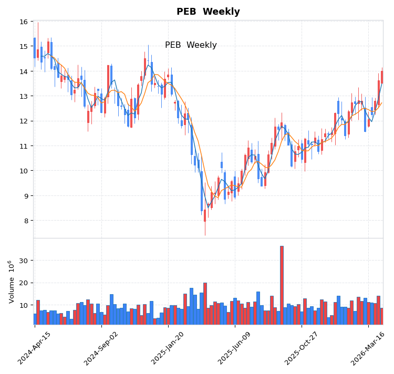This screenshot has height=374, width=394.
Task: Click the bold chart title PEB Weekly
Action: [208, 12]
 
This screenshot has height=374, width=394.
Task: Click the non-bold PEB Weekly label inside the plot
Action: [191, 45]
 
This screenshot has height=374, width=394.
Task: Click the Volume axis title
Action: [12, 282]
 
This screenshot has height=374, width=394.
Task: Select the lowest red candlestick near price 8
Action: [205, 215]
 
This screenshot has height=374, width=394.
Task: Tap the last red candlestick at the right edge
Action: [382, 77]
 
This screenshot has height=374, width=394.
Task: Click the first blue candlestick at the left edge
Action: [35, 48]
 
